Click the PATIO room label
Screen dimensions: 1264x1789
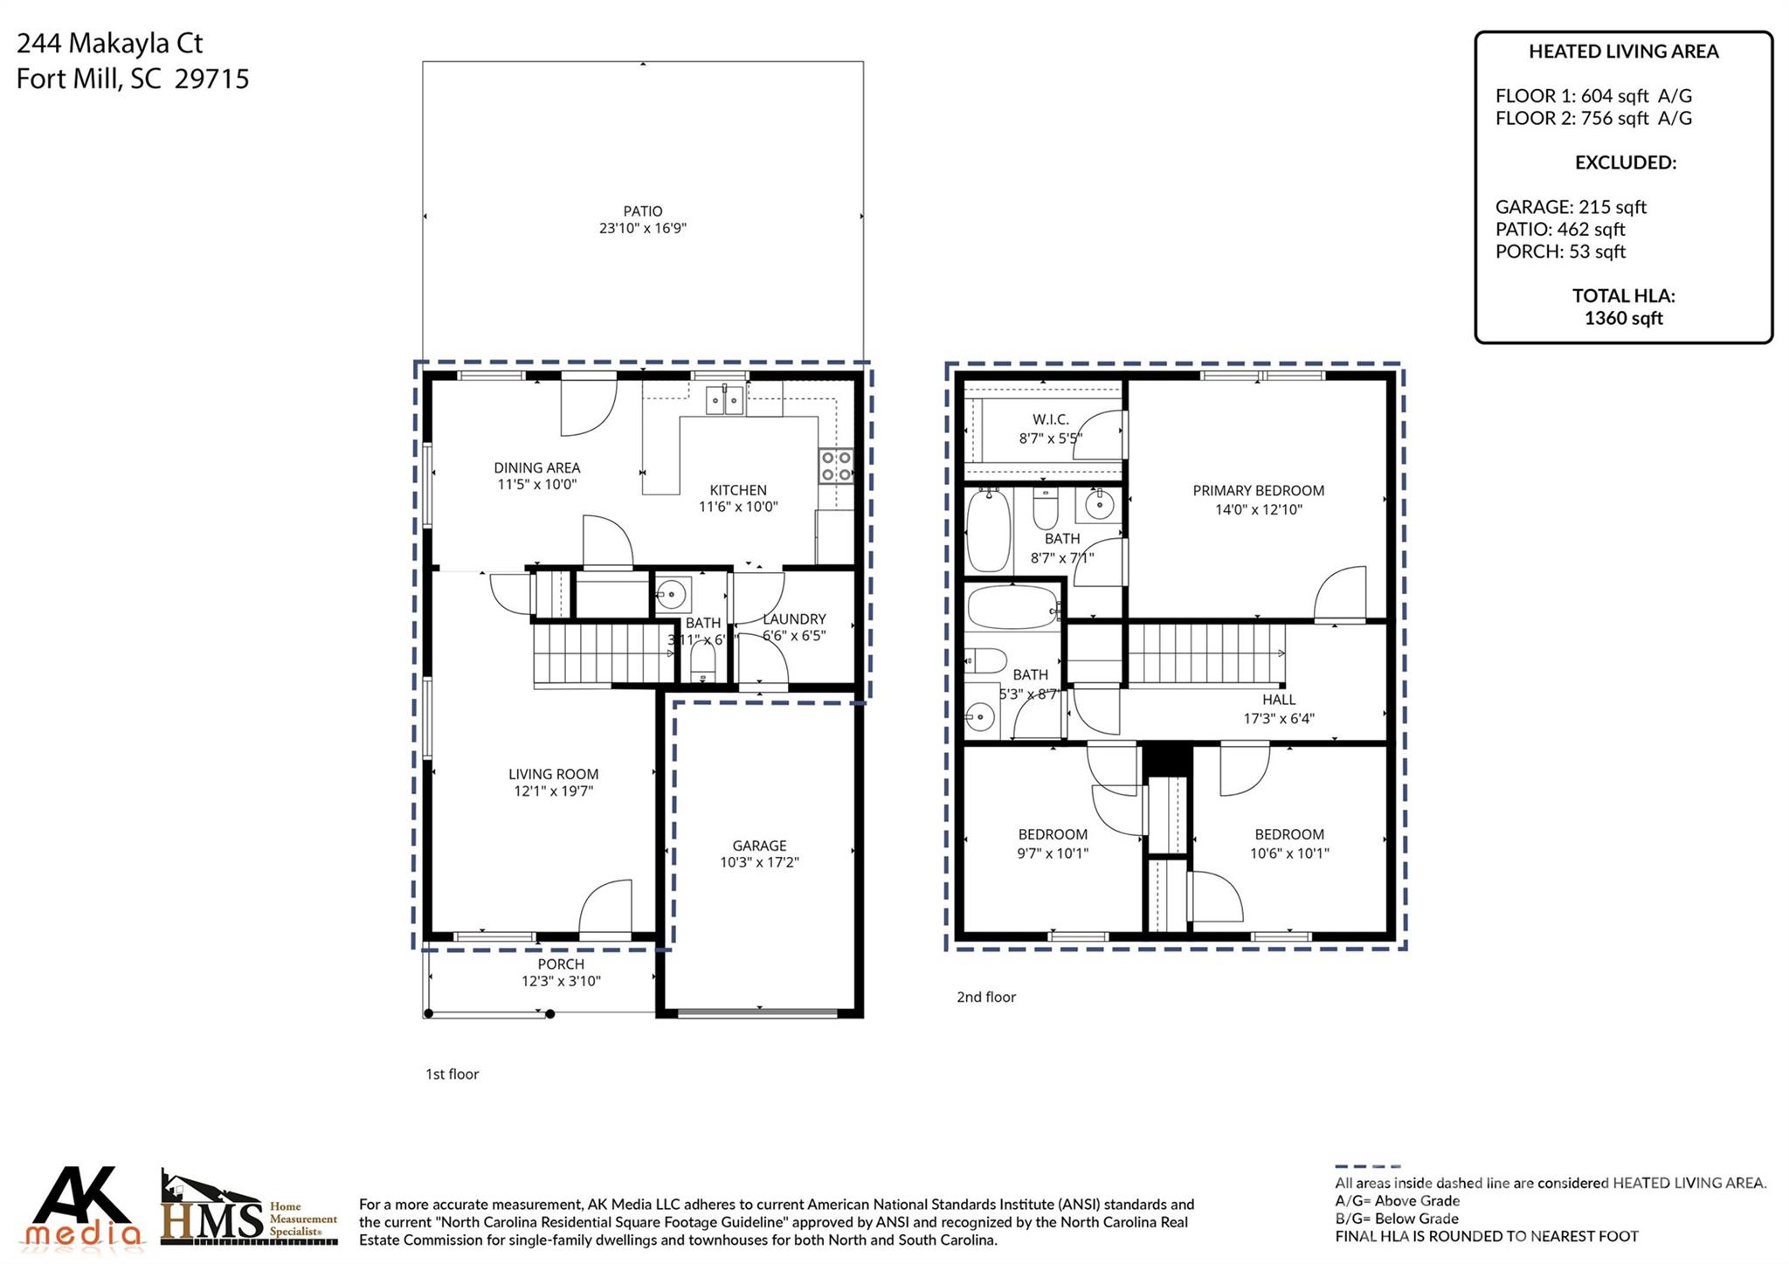point(642,211)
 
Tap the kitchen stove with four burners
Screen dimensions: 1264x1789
point(836,466)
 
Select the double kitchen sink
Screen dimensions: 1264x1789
point(725,401)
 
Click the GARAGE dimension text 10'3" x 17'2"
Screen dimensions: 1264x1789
point(759,862)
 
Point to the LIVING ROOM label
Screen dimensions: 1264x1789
point(553,774)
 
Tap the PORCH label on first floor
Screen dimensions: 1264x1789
point(560,964)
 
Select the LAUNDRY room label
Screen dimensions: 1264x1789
point(793,618)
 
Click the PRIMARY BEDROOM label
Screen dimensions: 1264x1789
point(1258,491)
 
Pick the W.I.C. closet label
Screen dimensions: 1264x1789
point(1050,420)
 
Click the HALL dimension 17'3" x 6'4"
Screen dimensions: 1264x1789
point(1278,719)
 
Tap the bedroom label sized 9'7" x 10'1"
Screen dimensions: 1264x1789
point(1053,835)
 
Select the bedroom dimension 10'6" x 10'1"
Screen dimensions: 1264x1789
point(1288,853)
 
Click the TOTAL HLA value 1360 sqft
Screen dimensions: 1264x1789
point(1623,318)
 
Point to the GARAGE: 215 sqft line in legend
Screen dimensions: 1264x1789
point(1570,207)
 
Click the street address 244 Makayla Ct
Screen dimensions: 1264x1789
point(110,43)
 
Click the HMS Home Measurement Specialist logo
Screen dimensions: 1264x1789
point(248,1210)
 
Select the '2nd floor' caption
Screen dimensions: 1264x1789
point(985,997)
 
